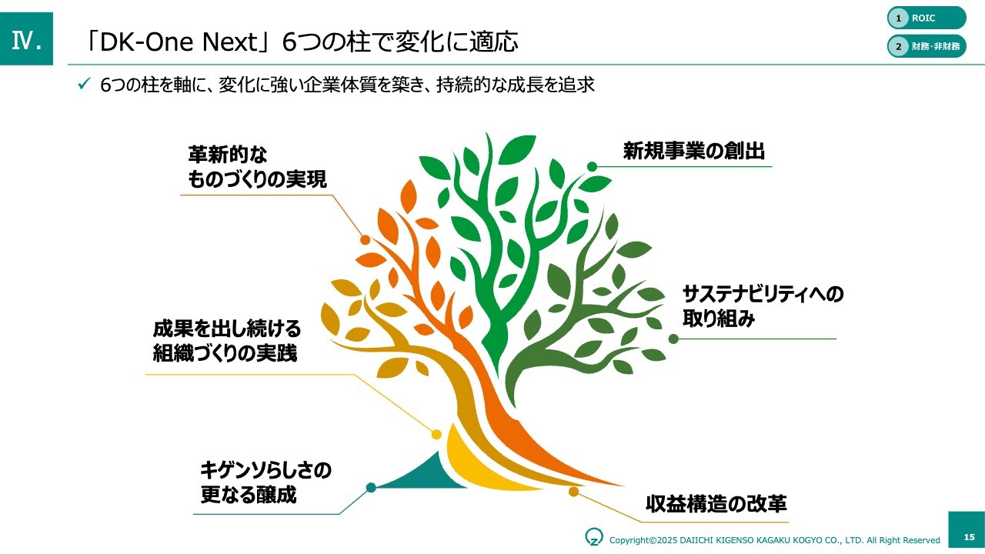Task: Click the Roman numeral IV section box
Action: tap(26, 38)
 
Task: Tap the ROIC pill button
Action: tap(927, 18)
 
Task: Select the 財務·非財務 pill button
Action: tap(927, 46)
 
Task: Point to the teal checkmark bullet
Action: tap(84, 84)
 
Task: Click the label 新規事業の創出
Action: tap(694, 151)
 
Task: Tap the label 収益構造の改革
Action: tap(716, 504)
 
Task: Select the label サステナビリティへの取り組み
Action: tap(763, 306)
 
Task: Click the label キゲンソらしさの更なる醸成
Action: tap(265, 482)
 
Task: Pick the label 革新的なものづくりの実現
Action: tap(257, 167)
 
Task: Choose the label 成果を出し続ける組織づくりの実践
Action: tap(226, 341)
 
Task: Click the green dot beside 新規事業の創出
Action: tap(592, 167)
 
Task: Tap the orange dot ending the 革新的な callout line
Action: tap(365, 239)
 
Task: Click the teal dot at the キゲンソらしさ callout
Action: tap(371, 487)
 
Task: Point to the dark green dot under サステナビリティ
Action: tap(673, 339)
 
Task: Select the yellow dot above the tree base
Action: tap(436, 435)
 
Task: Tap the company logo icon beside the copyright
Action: tap(593, 536)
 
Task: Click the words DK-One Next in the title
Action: tap(179, 42)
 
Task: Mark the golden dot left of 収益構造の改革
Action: tap(573, 491)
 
